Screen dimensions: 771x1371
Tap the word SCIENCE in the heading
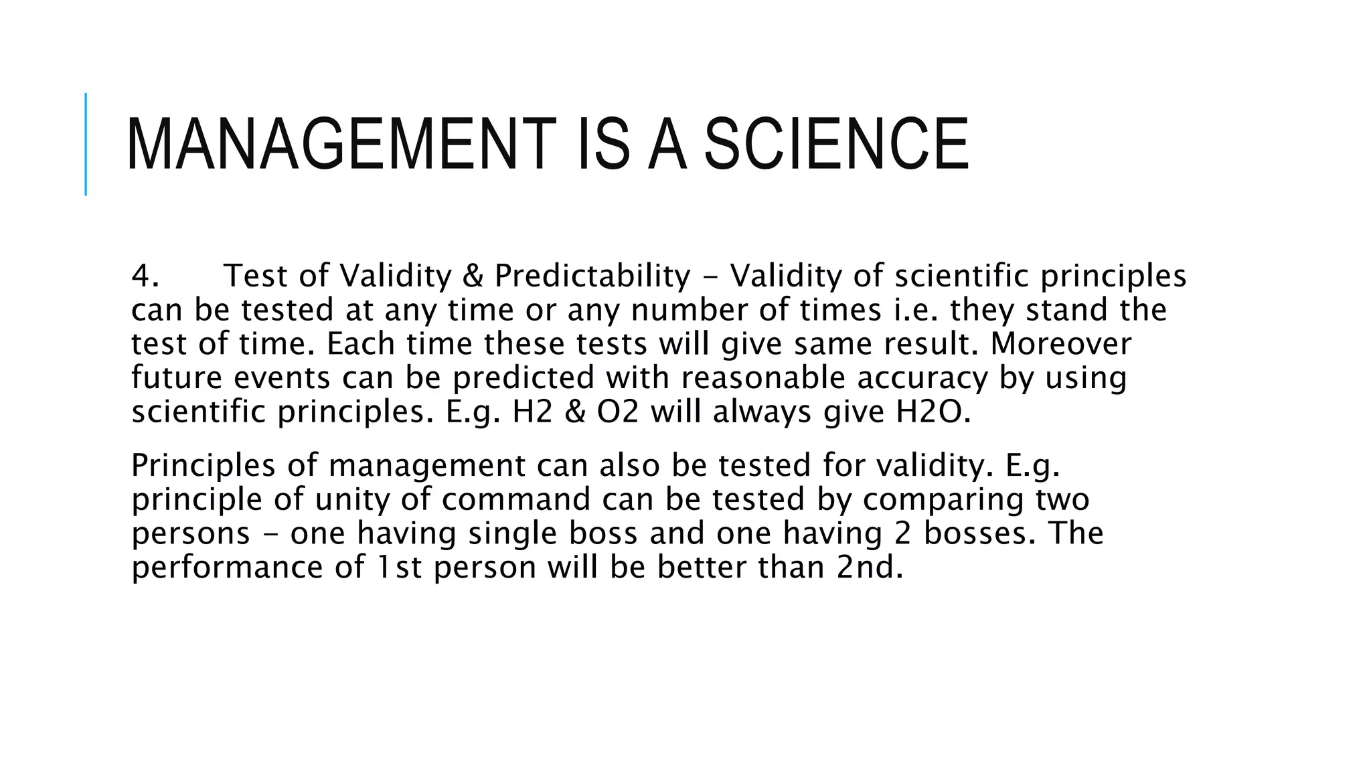[x=836, y=145]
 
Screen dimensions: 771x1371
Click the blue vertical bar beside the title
[x=86, y=144]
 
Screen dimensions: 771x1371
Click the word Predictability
[x=592, y=276]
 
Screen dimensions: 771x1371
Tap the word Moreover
[x=1060, y=344]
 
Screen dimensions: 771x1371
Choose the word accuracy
[x=922, y=378]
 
